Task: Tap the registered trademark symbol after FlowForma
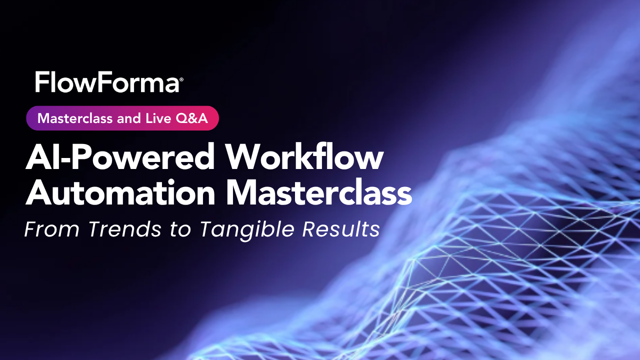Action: tap(181, 79)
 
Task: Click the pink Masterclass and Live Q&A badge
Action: tap(122, 118)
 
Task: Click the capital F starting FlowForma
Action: tap(41, 82)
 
